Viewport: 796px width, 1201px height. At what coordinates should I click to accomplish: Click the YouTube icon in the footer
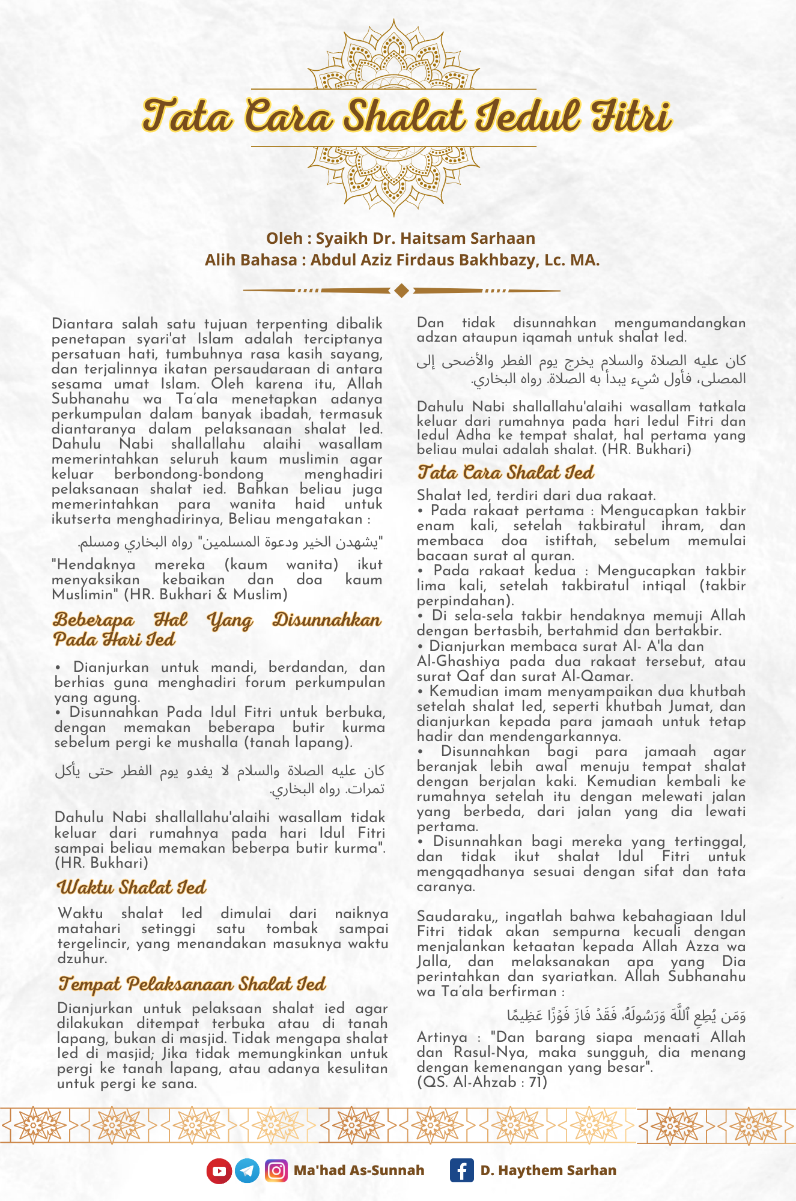[x=219, y=1170]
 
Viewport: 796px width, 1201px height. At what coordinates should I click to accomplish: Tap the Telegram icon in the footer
[x=247, y=1170]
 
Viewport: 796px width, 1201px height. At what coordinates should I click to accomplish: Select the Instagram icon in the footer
[x=276, y=1170]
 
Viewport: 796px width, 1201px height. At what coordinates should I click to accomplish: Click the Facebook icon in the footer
[x=461, y=1170]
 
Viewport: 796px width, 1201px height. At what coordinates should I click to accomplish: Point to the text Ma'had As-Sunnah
[x=359, y=1170]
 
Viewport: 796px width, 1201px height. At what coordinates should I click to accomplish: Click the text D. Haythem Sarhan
[x=548, y=1170]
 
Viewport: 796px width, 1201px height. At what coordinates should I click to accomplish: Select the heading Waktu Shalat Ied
[x=132, y=887]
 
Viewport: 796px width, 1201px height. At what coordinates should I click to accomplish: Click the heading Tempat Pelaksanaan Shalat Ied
[x=192, y=984]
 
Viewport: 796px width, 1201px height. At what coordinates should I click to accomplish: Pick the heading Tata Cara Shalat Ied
[x=506, y=473]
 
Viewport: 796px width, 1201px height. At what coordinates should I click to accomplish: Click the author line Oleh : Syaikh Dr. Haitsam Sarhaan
[x=401, y=238]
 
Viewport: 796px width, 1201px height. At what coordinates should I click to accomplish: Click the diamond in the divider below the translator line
[x=402, y=291]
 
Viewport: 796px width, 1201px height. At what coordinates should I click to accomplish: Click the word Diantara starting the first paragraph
[x=81, y=324]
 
